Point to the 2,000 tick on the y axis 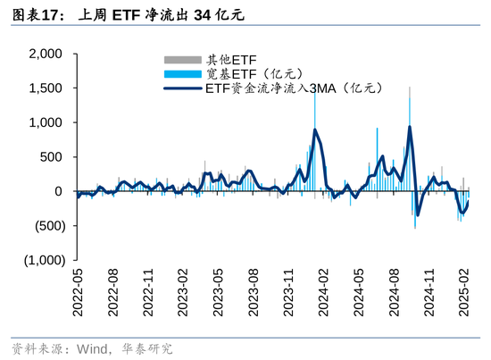point(45,54)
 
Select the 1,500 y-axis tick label point(45,88)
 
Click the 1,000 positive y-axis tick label point(45,122)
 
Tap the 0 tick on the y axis point(58,191)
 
